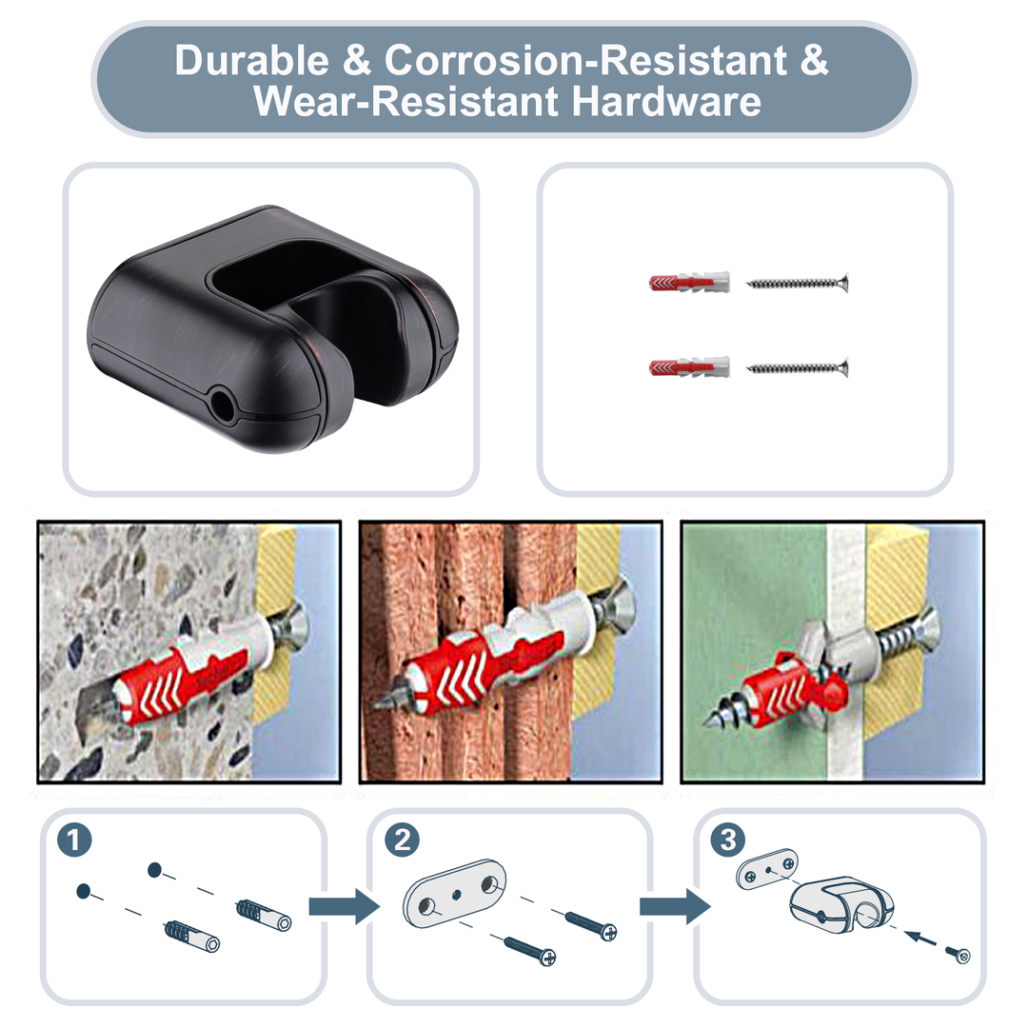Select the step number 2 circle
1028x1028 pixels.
pyautogui.click(x=402, y=840)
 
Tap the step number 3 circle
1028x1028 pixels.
pyautogui.click(x=728, y=840)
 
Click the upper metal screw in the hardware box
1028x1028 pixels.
pyautogui.click(x=798, y=283)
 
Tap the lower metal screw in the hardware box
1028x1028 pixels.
pyautogui.click(x=798, y=366)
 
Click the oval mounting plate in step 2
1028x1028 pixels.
pyautogui.click(x=455, y=892)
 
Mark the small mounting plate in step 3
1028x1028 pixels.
pyautogui.click(x=766, y=869)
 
